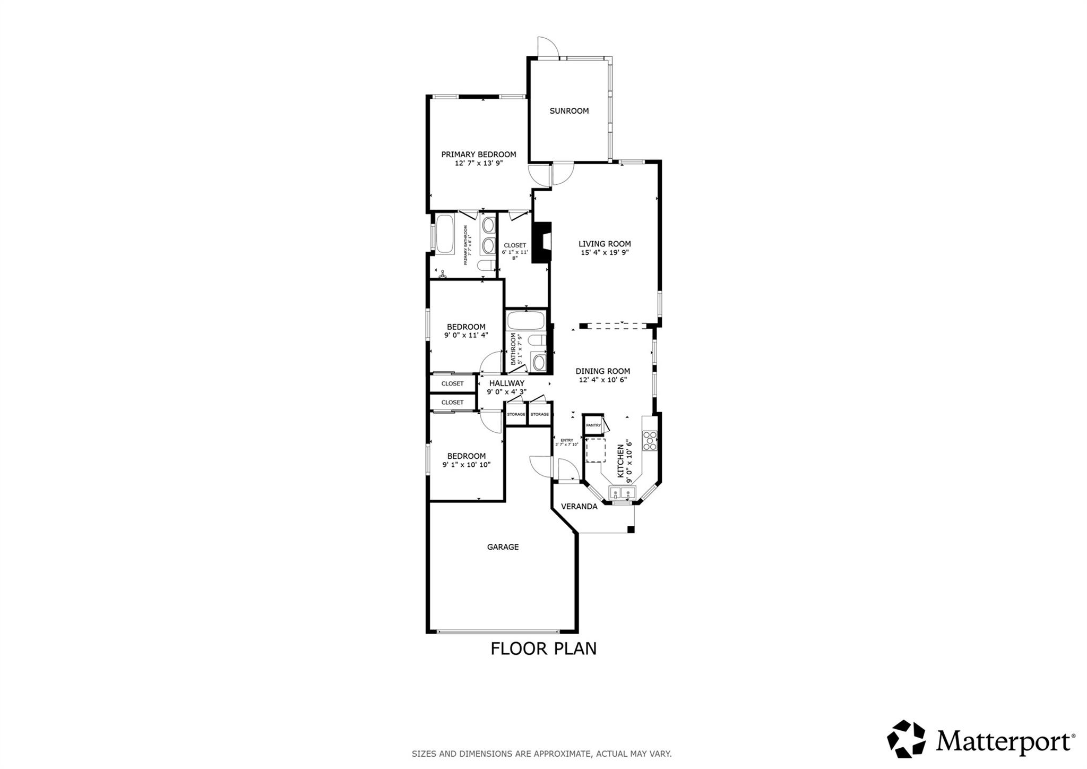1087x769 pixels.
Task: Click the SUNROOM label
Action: click(x=569, y=111)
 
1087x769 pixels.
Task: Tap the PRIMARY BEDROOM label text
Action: click(x=479, y=155)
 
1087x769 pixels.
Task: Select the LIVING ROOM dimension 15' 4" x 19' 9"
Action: click(x=605, y=253)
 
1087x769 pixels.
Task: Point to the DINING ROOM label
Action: click(x=603, y=371)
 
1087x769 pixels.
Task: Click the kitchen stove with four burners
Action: click(x=650, y=441)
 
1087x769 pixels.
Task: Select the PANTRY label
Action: click(x=593, y=425)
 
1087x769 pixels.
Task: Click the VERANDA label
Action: click(x=579, y=507)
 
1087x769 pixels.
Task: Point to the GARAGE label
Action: click(x=503, y=547)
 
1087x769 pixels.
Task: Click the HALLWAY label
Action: click(x=506, y=383)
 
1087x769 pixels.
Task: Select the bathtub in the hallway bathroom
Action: click(x=525, y=321)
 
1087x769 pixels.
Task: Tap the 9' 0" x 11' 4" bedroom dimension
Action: click(x=466, y=335)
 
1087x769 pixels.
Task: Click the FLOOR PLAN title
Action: click(x=543, y=649)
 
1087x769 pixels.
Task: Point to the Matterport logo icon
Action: click(x=906, y=739)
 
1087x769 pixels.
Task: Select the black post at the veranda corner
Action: click(x=631, y=529)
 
